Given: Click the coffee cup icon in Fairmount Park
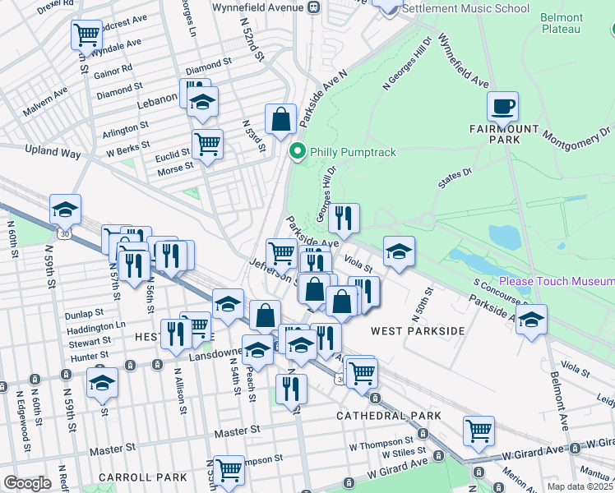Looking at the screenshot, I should click(502, 106).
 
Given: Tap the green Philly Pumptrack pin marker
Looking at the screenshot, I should click(297, 152).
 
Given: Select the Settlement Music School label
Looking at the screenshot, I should click(465, 9).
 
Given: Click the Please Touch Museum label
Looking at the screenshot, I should click(556, 281).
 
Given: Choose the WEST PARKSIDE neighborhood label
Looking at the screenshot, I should click(418, 330).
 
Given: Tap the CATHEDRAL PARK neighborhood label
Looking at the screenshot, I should click(389, 417).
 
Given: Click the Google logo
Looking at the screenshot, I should click(27, 483).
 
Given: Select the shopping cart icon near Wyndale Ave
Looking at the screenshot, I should click(86, 35).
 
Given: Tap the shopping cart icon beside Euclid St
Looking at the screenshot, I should click(207, 145).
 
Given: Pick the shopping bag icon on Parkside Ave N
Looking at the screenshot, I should click(280, 118).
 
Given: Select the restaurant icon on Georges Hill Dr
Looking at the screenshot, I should click(344, 218).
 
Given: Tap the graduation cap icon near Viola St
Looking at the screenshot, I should click(399, 251).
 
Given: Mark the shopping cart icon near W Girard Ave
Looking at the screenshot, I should click(479, 429).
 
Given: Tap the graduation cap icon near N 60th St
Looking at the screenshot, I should click(65, 210).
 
